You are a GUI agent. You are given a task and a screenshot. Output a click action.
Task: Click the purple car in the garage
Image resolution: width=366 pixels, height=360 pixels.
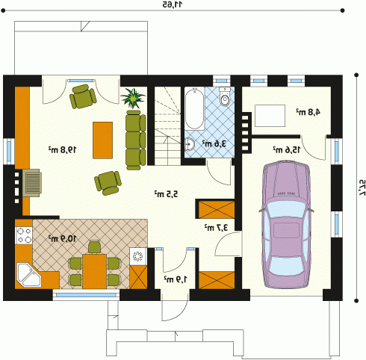coord(285,225)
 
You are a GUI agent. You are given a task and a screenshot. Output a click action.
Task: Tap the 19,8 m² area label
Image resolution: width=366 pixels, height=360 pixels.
coord(62,149)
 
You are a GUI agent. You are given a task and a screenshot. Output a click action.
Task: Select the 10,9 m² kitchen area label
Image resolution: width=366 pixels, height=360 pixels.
coord(62,238)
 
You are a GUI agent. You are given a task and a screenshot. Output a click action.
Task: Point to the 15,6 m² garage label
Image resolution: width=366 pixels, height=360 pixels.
coord(287,149)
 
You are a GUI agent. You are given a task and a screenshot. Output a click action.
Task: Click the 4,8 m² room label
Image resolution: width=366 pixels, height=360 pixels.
coord(308,112)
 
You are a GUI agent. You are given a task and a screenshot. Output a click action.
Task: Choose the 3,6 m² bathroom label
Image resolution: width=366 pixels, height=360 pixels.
coord(214,143)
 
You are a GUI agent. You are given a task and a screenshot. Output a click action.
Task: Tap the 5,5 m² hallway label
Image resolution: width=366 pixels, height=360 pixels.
coord(167,193)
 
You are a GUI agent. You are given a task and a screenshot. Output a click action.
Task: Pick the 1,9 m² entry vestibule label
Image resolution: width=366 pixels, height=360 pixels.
coord(176,279)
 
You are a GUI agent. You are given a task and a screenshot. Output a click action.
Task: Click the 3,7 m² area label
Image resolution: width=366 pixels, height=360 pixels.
coord(216,227)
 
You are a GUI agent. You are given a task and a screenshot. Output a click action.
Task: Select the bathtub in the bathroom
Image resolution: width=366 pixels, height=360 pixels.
coord(195,108)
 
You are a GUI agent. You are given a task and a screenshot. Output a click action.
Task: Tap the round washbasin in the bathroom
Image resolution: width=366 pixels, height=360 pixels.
coord(190,144)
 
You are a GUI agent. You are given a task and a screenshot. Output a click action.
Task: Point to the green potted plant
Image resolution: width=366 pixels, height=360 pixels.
coord(133,98)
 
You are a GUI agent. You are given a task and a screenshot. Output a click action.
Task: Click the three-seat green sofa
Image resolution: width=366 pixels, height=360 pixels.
coord(136,140)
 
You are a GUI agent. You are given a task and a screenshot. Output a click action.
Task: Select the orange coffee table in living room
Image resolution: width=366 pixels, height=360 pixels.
coord(102,140)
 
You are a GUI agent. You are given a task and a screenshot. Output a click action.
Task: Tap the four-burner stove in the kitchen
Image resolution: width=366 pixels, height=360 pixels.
coord(24,235)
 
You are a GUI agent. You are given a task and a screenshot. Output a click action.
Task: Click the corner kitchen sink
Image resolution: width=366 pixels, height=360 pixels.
coord(28,275)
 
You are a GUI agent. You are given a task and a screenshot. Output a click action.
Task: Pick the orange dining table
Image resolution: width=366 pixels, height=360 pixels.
coord(94,271)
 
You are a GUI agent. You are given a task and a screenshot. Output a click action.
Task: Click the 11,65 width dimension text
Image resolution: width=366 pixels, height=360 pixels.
coord(173,4)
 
